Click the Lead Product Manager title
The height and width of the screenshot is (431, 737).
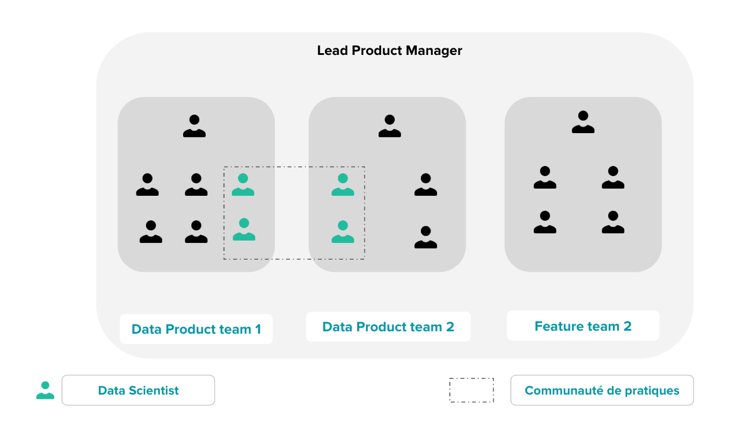click(389, 51)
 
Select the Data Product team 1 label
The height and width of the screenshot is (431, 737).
click(196, 330)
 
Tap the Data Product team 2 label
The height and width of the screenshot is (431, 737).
click(388, 327)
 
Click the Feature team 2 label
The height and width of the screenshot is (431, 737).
click(583, 327)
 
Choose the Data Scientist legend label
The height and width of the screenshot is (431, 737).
click(138, 390)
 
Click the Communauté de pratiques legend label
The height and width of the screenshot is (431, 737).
click(602, 390)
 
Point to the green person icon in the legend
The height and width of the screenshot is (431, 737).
click(45, 390)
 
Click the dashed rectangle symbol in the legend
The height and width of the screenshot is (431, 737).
click(471, 390)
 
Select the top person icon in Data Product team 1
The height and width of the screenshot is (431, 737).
click(194, 127)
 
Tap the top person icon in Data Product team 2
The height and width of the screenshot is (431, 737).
click(389, 127)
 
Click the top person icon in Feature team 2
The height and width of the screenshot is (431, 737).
click(583, 122)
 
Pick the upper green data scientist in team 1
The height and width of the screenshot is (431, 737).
click(243, 185)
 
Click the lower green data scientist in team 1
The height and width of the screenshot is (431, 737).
click(244, 230)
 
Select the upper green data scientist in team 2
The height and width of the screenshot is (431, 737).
click(343, 185)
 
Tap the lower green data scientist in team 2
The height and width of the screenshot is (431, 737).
click(343, 232)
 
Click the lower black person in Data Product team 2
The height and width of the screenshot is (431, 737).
click(426, 237)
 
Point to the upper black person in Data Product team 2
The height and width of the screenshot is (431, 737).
click(426, 185)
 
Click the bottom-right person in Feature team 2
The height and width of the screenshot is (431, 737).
click(613, 222)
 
